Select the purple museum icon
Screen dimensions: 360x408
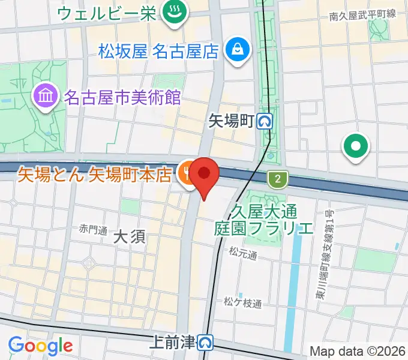pos(45,95)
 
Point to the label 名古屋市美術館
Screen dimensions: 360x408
pos(122,97)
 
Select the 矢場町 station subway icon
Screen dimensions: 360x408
pos(265,122)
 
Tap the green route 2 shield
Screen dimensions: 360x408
pos(277,178)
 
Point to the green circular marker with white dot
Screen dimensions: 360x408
pos(355,145)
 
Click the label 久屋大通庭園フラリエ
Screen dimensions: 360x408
pos(263,220)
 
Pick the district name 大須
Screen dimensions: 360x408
pos(129,236)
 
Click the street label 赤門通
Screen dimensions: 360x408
pos(92,229)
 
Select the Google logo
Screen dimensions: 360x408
pos(40,346)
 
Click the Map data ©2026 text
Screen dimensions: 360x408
pos(357,351)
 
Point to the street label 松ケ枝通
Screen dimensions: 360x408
pos(243,303)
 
